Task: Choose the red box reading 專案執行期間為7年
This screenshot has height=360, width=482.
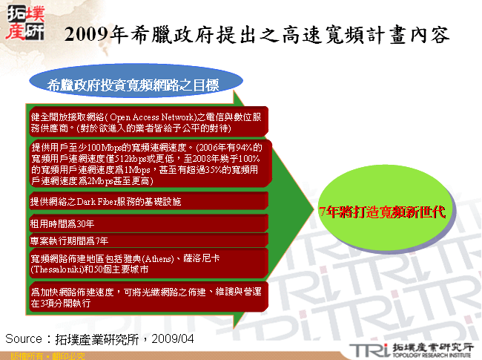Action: click(70, 240)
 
